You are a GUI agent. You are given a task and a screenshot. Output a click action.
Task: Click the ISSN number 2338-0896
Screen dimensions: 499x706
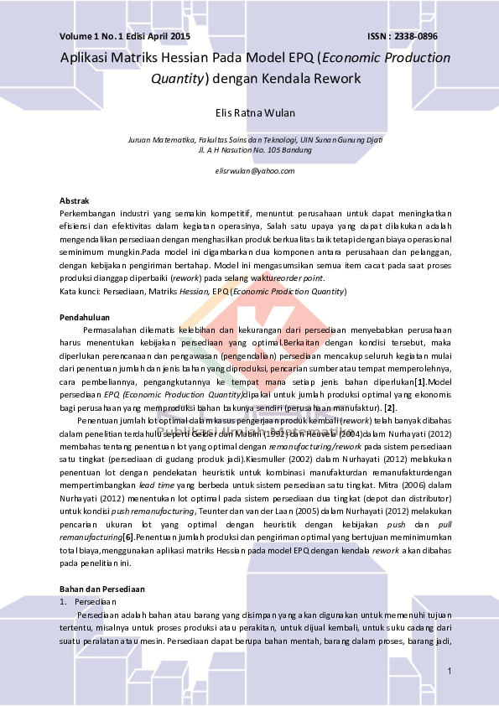416,37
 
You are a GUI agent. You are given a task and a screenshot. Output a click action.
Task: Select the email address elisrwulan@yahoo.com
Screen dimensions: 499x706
255,170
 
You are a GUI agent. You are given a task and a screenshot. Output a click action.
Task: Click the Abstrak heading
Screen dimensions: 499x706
75,200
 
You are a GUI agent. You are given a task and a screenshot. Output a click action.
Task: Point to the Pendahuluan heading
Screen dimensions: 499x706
85,319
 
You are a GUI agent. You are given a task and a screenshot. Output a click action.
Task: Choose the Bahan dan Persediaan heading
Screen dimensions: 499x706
101,589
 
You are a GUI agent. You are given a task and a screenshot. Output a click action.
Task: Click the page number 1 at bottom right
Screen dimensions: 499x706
450,671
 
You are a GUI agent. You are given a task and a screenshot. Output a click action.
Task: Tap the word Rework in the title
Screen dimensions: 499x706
338,80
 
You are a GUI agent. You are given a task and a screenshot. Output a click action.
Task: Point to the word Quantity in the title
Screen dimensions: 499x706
177,80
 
